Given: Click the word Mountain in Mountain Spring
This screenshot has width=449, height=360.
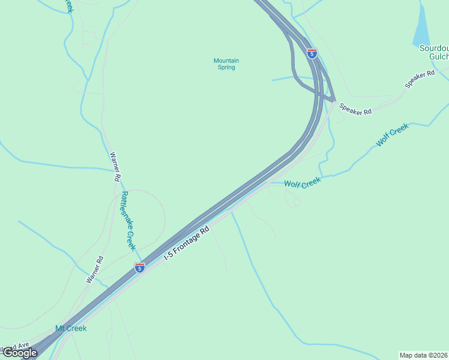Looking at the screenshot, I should [226, 61].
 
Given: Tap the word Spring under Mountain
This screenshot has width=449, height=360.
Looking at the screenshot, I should [226, 68].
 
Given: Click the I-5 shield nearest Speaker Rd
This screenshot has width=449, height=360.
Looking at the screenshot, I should [312, 53].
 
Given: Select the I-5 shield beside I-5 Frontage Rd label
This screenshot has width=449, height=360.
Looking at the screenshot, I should [139, 268].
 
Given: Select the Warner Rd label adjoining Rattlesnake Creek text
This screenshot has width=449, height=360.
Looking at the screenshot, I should [114, 166].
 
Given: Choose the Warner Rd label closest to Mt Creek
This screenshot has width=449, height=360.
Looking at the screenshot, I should [95, 269].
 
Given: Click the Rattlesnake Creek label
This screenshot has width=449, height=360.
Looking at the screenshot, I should [128, 221].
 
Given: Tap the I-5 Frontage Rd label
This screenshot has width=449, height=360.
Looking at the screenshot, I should [187, 242].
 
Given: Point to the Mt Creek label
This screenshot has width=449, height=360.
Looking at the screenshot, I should [71, 328].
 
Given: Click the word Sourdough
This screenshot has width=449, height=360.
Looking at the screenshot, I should [433, 48].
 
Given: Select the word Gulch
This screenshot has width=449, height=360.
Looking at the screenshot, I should [439, 57].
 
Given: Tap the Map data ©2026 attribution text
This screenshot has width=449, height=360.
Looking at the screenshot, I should [424, 355].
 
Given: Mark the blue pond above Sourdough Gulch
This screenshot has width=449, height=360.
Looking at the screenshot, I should [422, 27].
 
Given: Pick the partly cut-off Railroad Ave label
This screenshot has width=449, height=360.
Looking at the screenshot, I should [14, 346].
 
